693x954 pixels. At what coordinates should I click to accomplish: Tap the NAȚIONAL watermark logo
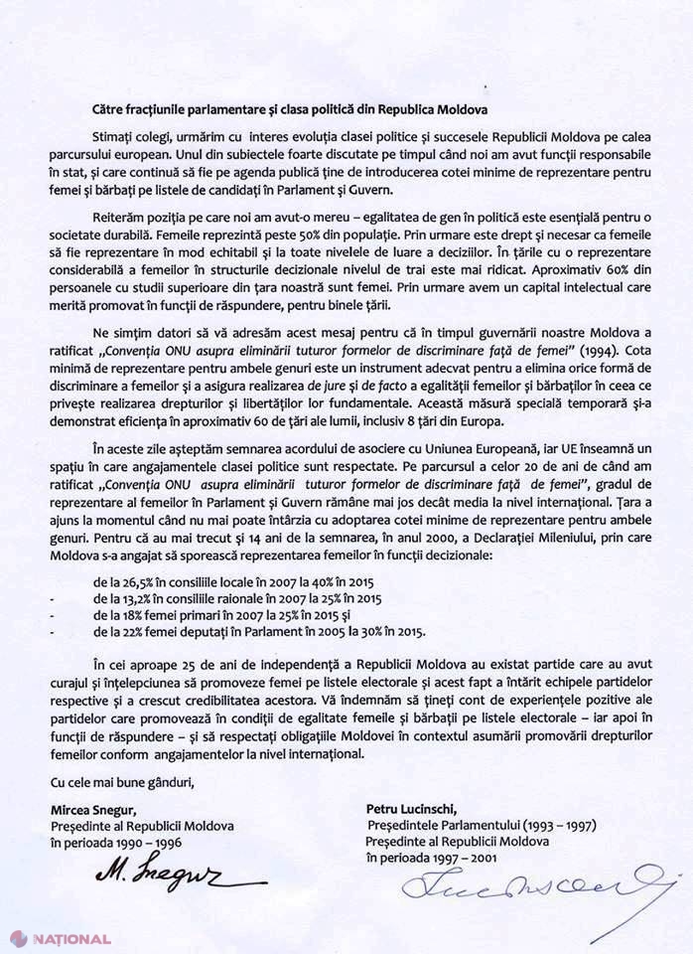click(x=61, y=938)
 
